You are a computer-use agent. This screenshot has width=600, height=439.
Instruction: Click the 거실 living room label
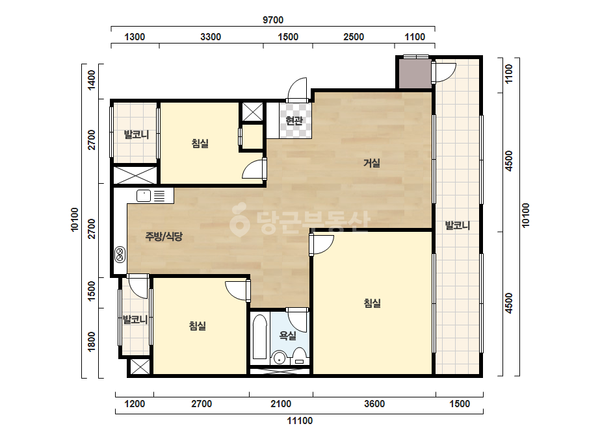tap(372, 163)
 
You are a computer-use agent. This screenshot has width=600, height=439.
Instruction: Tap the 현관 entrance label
tap(294, 121)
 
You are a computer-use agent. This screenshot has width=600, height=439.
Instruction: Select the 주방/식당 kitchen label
tap(164, 236)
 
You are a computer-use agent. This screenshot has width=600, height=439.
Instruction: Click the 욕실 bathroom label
tap(288, 336)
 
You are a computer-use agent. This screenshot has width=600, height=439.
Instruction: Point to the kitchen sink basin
tap(144, 195)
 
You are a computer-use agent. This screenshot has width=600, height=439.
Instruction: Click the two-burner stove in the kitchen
tap(120, 255)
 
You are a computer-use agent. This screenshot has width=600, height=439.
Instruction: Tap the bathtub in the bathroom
tap(260, 336)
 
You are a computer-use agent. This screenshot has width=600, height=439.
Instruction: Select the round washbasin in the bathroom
tap(280, 358)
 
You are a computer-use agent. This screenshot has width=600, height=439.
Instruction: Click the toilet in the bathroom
tap(299, 356)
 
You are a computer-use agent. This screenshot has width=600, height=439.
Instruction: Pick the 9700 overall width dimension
tap(273, 20)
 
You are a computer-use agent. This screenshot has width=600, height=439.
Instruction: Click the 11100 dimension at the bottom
tap(300, 421)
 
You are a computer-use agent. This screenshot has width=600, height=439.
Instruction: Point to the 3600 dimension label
tap(374, 404)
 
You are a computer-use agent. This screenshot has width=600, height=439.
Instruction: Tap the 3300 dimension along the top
tap(211, 37)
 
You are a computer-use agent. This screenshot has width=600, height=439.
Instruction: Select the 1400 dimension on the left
tap(92, 80)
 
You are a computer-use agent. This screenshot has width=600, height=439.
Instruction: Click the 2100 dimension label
tap(281, 404)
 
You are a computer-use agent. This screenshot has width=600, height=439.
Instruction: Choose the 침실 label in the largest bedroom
tap(372, 304)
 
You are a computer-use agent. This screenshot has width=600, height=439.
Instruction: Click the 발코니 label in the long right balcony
tap(458, 225)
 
